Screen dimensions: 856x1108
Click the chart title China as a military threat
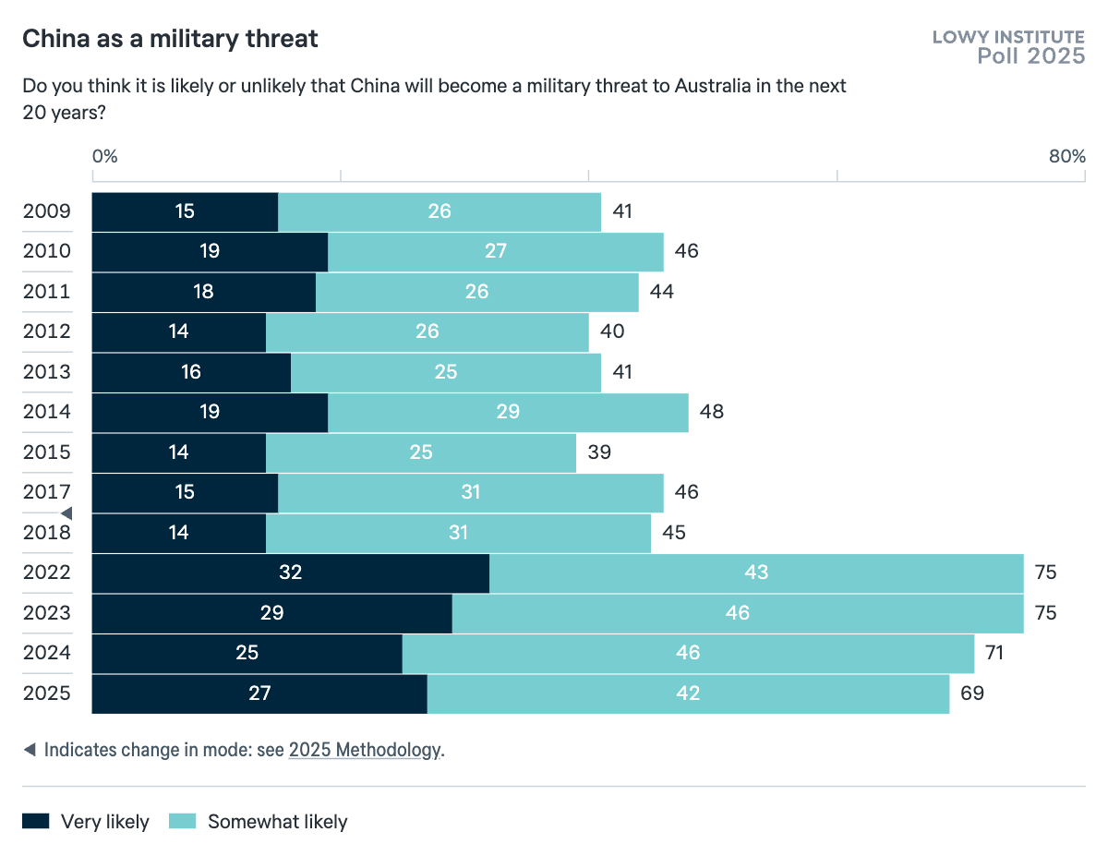click(170, 39)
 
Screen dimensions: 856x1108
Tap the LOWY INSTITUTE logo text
click(1008, 37)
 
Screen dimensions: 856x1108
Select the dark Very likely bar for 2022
click(291, 573)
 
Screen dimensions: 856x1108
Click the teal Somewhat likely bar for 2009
click(440, 211)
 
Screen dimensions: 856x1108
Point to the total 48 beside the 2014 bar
click(711, 412)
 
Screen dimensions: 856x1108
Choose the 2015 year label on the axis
click(46, 452)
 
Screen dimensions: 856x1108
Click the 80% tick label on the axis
click(1066, 156)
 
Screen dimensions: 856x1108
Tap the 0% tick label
click(104, 156)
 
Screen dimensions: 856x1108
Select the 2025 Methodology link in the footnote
click(365, 750)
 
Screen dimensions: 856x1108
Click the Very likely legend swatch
click(36, 821)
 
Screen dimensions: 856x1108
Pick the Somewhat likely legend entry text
click(277, 822)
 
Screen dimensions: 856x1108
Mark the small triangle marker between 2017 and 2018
click(66, 512)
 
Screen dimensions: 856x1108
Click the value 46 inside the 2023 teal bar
click(737, 613)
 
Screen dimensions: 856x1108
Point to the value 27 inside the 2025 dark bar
click(259, 693)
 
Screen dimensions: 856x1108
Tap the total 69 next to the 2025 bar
click(972, 693)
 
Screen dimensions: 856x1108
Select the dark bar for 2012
click(179, 332)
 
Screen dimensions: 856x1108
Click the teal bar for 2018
click(458, 533)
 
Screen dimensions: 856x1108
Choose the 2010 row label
click(46, 251)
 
